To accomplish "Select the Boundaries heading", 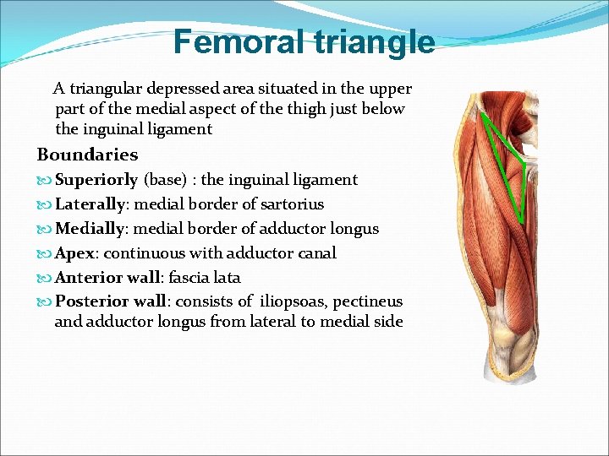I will coord(87,155).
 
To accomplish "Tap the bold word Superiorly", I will coord(96,180).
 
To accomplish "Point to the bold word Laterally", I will coord(91,204).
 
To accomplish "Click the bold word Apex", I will coord(74,253).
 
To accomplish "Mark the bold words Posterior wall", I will coord(110,301).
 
